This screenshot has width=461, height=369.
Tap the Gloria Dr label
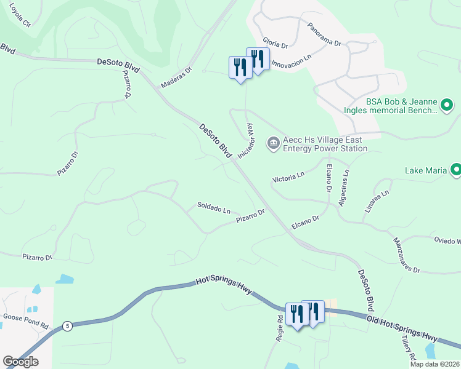pos(275,41)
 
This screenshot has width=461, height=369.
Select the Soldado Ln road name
pos(213,207)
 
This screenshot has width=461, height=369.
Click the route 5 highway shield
pos(67,326)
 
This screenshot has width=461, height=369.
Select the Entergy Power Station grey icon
pos(273,143)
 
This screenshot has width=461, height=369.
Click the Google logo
pos(20,362)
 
